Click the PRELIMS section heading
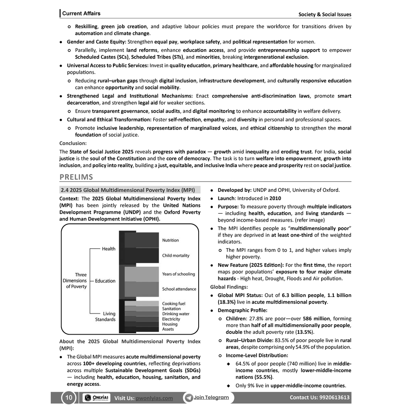(x=76, y=177)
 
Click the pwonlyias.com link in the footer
(x=154, y=398)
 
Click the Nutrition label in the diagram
(x=170, y=240)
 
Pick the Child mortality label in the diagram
(x=176, y=256)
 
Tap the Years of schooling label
(x=178, y=274)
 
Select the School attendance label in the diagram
(x=179, y=289)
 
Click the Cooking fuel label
(x=174, y=304)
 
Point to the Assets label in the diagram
(x=168, y=329)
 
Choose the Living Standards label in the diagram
(x=105, y=316)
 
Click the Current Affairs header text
(x=81, y=13)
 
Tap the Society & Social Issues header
(x=325, y=15)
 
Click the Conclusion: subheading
(x=73, y=143)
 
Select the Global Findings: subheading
(x=229, y=287)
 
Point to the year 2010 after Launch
(x=275, y=198)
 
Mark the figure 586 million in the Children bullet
(x=316, y=318)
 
